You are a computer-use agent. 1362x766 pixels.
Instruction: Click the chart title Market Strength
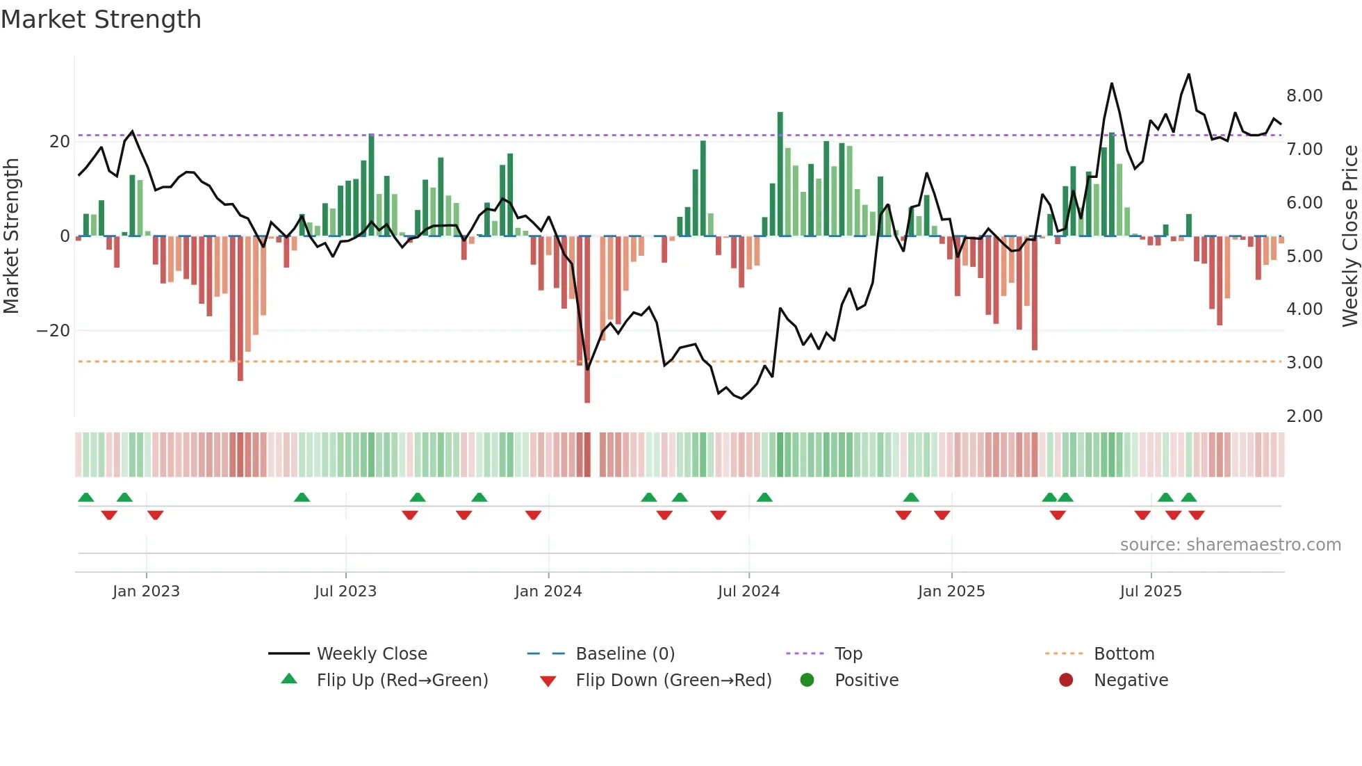pos(101,19)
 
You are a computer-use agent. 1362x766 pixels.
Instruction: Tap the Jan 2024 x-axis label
pos(548,592)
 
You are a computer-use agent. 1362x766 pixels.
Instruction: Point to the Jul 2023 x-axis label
pos(345,592)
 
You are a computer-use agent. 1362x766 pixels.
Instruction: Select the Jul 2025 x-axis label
pos(1150,592)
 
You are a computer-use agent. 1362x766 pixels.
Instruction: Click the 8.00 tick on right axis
pos(1304,96)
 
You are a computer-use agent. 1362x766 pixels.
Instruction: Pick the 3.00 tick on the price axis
pos(1304,363)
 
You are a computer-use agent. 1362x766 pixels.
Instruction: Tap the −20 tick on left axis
pos(54,331)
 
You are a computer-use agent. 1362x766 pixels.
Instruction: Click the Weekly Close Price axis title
pos(1349,236)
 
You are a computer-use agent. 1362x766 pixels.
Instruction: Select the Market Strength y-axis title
pos(12,236)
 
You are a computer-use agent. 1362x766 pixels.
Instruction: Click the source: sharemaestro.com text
pos(1230,545)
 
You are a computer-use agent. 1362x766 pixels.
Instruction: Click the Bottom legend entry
pos(1123,654)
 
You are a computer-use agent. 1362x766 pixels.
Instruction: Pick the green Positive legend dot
pos(807,681)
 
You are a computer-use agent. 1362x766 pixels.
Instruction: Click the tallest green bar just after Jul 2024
pos(780,174)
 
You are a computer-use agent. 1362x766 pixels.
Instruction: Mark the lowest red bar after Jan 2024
pos(587,320)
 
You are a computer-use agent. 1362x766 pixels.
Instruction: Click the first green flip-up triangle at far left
pos(86,498)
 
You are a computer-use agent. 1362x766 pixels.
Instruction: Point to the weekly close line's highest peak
pos(1188,74)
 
